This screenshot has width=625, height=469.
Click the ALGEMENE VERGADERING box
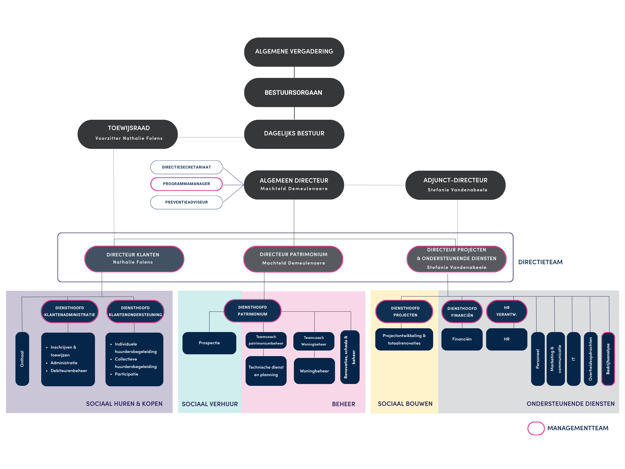[294, 52]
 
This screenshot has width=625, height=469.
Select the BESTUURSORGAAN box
[294, 93]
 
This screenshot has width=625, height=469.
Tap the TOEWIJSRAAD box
[127, 134]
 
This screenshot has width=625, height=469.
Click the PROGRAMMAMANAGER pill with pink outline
[186, 184]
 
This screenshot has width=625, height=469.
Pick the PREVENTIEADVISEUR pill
[186, 202]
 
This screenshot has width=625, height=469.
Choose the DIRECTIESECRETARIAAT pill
[186, 167]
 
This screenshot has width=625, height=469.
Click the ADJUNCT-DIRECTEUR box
[455, 185]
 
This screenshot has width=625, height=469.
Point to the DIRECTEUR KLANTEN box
[134, 259]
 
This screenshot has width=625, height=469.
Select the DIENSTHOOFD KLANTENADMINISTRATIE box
[70, 311]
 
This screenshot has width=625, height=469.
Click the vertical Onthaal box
[22, 359]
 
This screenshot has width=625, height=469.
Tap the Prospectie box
[209, 343]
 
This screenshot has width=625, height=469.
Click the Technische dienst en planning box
[266, 371]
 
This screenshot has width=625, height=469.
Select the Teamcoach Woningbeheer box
[314, 341]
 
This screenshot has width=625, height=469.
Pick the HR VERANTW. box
[507, 311]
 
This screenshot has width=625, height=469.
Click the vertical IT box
[573, 359]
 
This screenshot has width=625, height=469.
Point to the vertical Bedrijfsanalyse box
[608, 359]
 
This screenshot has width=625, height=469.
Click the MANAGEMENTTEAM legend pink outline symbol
[536, 428]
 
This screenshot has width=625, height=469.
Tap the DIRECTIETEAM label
[540, 262]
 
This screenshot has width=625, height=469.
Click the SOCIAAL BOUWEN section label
[405, 404]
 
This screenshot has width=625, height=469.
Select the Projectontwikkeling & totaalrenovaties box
[404, 339]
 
